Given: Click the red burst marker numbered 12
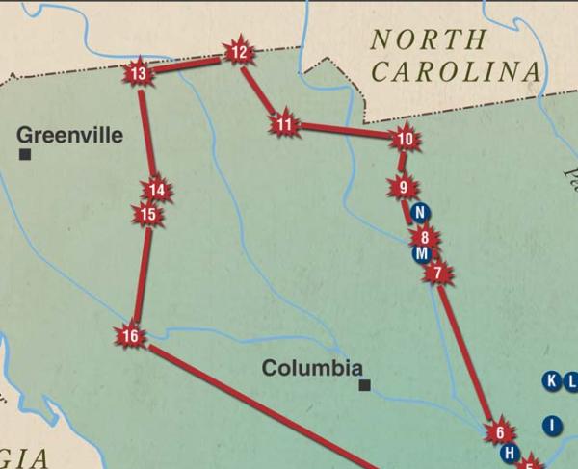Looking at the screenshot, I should tap(239, 53).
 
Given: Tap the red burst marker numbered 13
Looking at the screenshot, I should tap(139, 73).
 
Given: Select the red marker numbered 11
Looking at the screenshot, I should tap(283, 125).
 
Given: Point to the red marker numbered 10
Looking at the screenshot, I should tap(405, 139).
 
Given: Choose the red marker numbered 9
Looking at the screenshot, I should tap(403, 187).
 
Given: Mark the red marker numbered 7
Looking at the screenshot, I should tap(437, 274).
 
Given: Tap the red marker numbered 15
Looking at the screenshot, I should tap(147, 214).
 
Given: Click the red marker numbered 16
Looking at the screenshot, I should tap(131, 336).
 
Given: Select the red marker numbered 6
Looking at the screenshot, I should tap(500, 432).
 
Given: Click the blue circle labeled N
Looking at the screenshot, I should tap(417, 213).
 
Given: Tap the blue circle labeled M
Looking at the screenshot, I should tap(420, 254).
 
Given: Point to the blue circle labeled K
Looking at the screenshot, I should tap(552, 380).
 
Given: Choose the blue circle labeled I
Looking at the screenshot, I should tap(552, 425).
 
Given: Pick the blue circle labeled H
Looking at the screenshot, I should tap(511, 453).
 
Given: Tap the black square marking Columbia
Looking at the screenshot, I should tap(364, 386).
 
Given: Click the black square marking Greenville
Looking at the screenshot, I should tap(25, 154).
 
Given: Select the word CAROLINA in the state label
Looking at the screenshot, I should tap(456, 72).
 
